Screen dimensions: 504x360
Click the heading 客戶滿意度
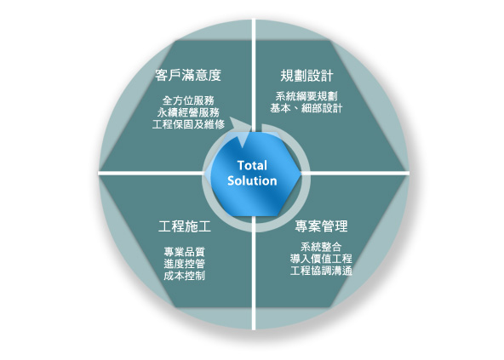click(x=188, y=75)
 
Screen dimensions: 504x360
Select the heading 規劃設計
click(x=306, y=76)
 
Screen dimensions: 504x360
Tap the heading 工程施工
click(x=185, y=226)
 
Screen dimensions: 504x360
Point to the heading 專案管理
click(x=321, y=226)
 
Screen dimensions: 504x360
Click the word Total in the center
click(x=252, y=166)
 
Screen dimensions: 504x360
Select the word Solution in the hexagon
click(x=252, y=181)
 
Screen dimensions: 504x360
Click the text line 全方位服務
click(x=188, y=100)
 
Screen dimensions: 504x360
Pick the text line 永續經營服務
click(x=188, y=112)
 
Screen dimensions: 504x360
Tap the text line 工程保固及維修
click(x=188, y=124)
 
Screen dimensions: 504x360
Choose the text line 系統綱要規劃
click(x=306, y=96)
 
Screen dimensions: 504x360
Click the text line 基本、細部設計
click(x=306, y=108)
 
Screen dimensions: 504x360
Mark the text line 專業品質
click(x=185, y=252)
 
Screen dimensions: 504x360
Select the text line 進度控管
click(x=185, y=264)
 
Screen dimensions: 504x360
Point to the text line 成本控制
click(x=185, y=276)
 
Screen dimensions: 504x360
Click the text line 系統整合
click(x=321, y=247)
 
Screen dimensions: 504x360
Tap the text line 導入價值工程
click(x=321, y=259)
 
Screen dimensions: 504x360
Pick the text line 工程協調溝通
click(x=321, y=271)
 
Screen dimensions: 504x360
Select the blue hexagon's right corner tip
click(x=301, y=174)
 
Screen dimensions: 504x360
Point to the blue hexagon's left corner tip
click(x=205, y=174)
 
